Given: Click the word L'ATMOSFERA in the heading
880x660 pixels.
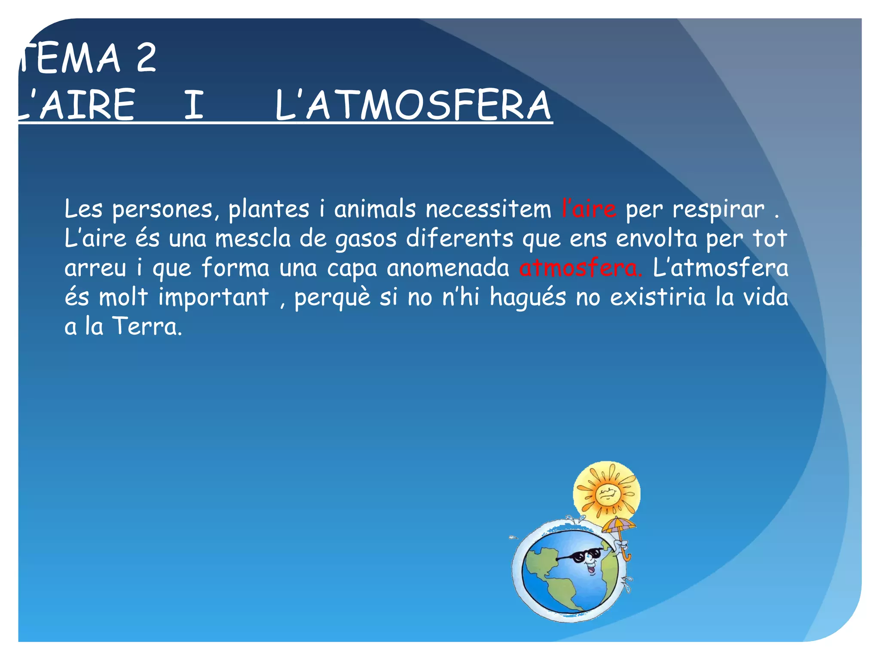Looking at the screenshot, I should click(412, 105).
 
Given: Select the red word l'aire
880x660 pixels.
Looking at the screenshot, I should click(589, 209).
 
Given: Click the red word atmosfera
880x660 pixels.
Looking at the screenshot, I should click(580, 268).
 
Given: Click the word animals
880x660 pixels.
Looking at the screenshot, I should click(375, 209).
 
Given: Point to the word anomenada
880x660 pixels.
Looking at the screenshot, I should click(448, 268).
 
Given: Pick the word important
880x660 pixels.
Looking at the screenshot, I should click(214, 297).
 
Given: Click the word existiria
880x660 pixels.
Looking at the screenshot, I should click(658, 297).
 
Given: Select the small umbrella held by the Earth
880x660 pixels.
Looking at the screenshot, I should click(619, 526).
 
